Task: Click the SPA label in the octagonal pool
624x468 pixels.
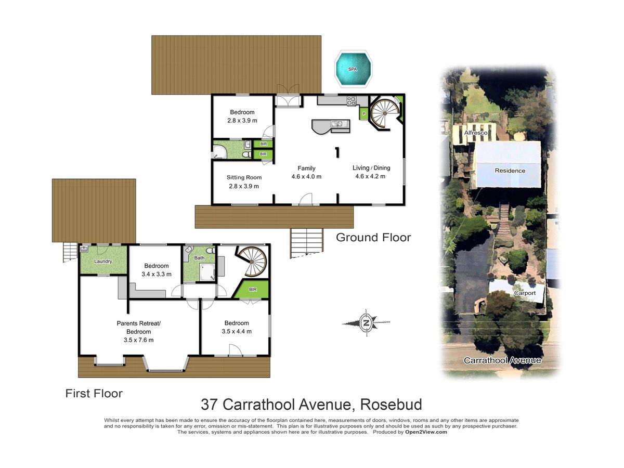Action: [x=353, y=69]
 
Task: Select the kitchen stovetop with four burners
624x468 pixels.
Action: [x=352, y=100]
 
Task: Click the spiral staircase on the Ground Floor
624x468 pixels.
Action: [x=385, y=113]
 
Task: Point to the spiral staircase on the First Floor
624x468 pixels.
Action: [x=252, y=262]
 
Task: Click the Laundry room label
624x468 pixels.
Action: [x=103, y=261]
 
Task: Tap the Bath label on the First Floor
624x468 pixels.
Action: [x=199, y=258]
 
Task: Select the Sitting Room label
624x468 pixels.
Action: [x=244, y=177]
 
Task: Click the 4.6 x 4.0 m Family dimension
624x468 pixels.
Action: [x=306, y=176]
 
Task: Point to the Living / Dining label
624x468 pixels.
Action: [x=371, y=167]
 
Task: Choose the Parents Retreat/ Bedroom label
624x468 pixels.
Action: [x=138, y=328]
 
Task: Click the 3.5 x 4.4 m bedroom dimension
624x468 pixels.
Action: [x=237, y=331]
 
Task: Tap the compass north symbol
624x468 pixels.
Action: [x=366, y=322]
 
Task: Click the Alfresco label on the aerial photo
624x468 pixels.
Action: [x=476, y=133]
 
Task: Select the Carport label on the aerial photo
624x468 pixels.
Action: [x=525, y=293]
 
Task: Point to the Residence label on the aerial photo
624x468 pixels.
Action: [x=510, y=171]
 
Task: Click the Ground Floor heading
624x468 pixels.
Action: [x=373, y=238]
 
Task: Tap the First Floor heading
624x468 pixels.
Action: [x=94, y=394]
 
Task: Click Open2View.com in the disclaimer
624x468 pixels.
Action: [x=426, y=432]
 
